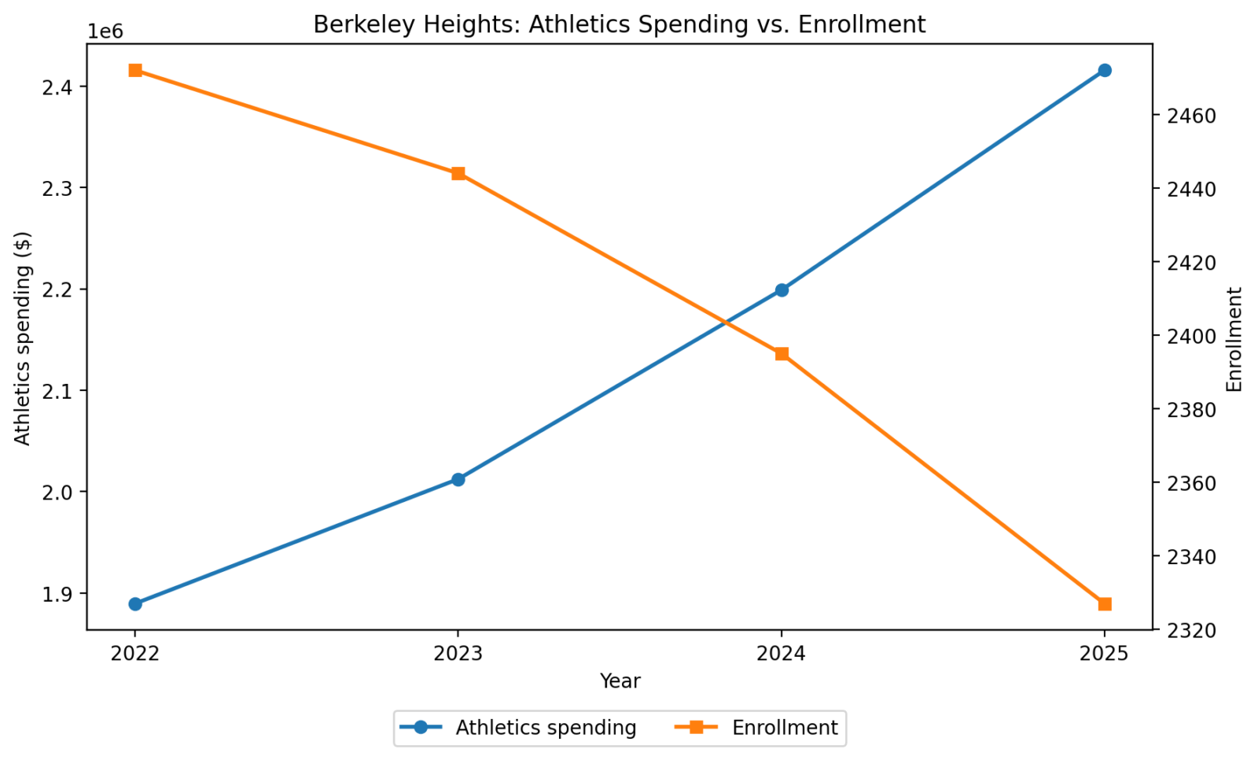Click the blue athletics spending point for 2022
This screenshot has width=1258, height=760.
(x=135, y=604)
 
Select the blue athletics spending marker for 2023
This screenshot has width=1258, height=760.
(x=458, y=480)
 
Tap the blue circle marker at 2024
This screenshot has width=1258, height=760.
(x=782, y=290)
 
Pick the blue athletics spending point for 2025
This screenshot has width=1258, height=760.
(x=1105, y=71)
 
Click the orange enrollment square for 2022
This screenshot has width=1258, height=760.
(x=135, y=71)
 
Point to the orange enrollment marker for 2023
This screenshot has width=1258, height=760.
(x=458, y=174)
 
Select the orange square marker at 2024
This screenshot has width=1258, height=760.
(x=782, y=354)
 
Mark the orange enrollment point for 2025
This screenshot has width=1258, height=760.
(x=1105, y=604)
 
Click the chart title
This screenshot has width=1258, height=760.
(x=620, y=24)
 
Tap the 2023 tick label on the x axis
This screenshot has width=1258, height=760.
(x=458, y=655)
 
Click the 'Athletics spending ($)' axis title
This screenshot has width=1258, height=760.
(x=24, y=338)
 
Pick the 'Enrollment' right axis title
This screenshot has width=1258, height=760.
(x=1234, y=339)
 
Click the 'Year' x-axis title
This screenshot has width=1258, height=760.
(x=620, y=681)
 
